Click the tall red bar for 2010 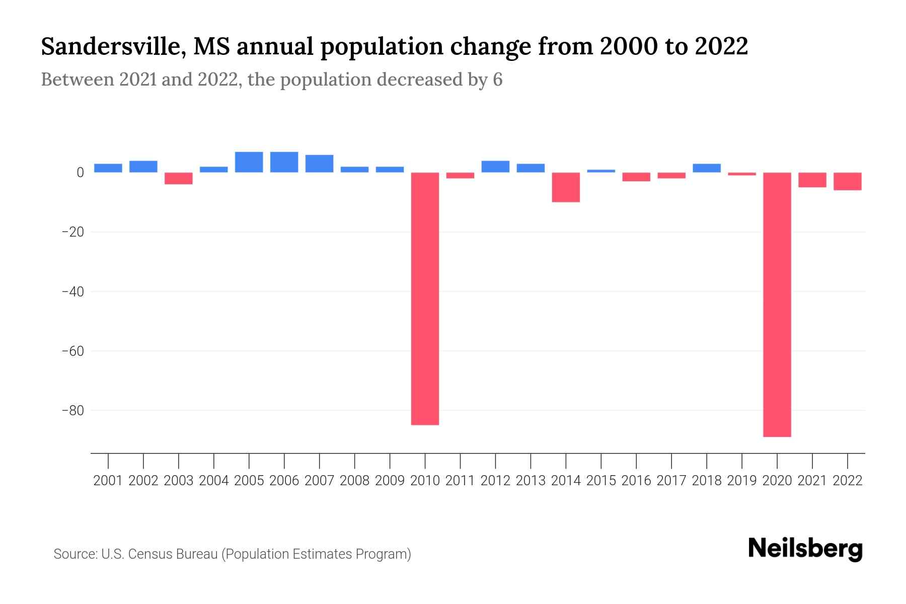point(425,298)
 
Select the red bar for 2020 point(777,305)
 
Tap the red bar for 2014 point(566,187)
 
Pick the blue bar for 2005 point(249,162)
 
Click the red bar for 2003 point(179,178)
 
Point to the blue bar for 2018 point(707,168)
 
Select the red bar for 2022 point(848,181)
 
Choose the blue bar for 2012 point(495,167)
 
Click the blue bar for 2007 point(319,164)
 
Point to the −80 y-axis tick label point(72,410)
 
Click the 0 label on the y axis point(80,173)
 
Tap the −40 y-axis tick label point(72,291)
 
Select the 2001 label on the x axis point(108,481)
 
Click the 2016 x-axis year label point(636,481)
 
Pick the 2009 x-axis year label point(390,481)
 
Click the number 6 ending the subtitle point(497,80)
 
